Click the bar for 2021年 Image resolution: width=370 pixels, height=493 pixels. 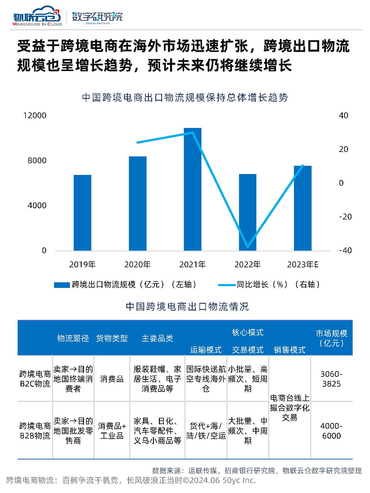tap(192, 189)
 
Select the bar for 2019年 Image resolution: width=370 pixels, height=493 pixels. tap(83, 213)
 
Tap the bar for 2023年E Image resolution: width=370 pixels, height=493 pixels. tap(302, 208)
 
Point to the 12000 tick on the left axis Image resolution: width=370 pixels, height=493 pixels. tap(35, 115)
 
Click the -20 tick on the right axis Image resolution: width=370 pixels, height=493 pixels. tap(345, 217)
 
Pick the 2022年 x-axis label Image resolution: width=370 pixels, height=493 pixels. tap(247, 265)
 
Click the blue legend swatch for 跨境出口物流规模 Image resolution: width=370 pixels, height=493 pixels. tap(62, 285)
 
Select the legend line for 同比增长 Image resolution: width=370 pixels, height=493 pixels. tap(227, 285)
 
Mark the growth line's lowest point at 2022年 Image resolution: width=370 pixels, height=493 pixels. tap(248, 246)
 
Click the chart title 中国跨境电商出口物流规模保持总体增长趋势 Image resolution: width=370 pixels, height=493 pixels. tap(185, 97)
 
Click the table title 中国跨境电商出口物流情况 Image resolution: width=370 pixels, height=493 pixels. tap(187, 307)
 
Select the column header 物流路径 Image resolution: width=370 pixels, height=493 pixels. tap(73, 338)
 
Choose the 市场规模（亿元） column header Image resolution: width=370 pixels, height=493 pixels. tap(332, 338)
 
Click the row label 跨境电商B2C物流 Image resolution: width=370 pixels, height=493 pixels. tap(35, 379)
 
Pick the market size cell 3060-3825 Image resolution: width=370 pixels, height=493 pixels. tap(332, 379)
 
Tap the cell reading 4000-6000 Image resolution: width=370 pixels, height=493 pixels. tap(332, 431)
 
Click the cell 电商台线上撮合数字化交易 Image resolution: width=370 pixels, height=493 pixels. tap(290, 408)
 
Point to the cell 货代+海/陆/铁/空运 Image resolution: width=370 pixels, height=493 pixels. tap(206, 431)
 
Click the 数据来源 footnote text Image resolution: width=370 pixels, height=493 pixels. tap(257, 471)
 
